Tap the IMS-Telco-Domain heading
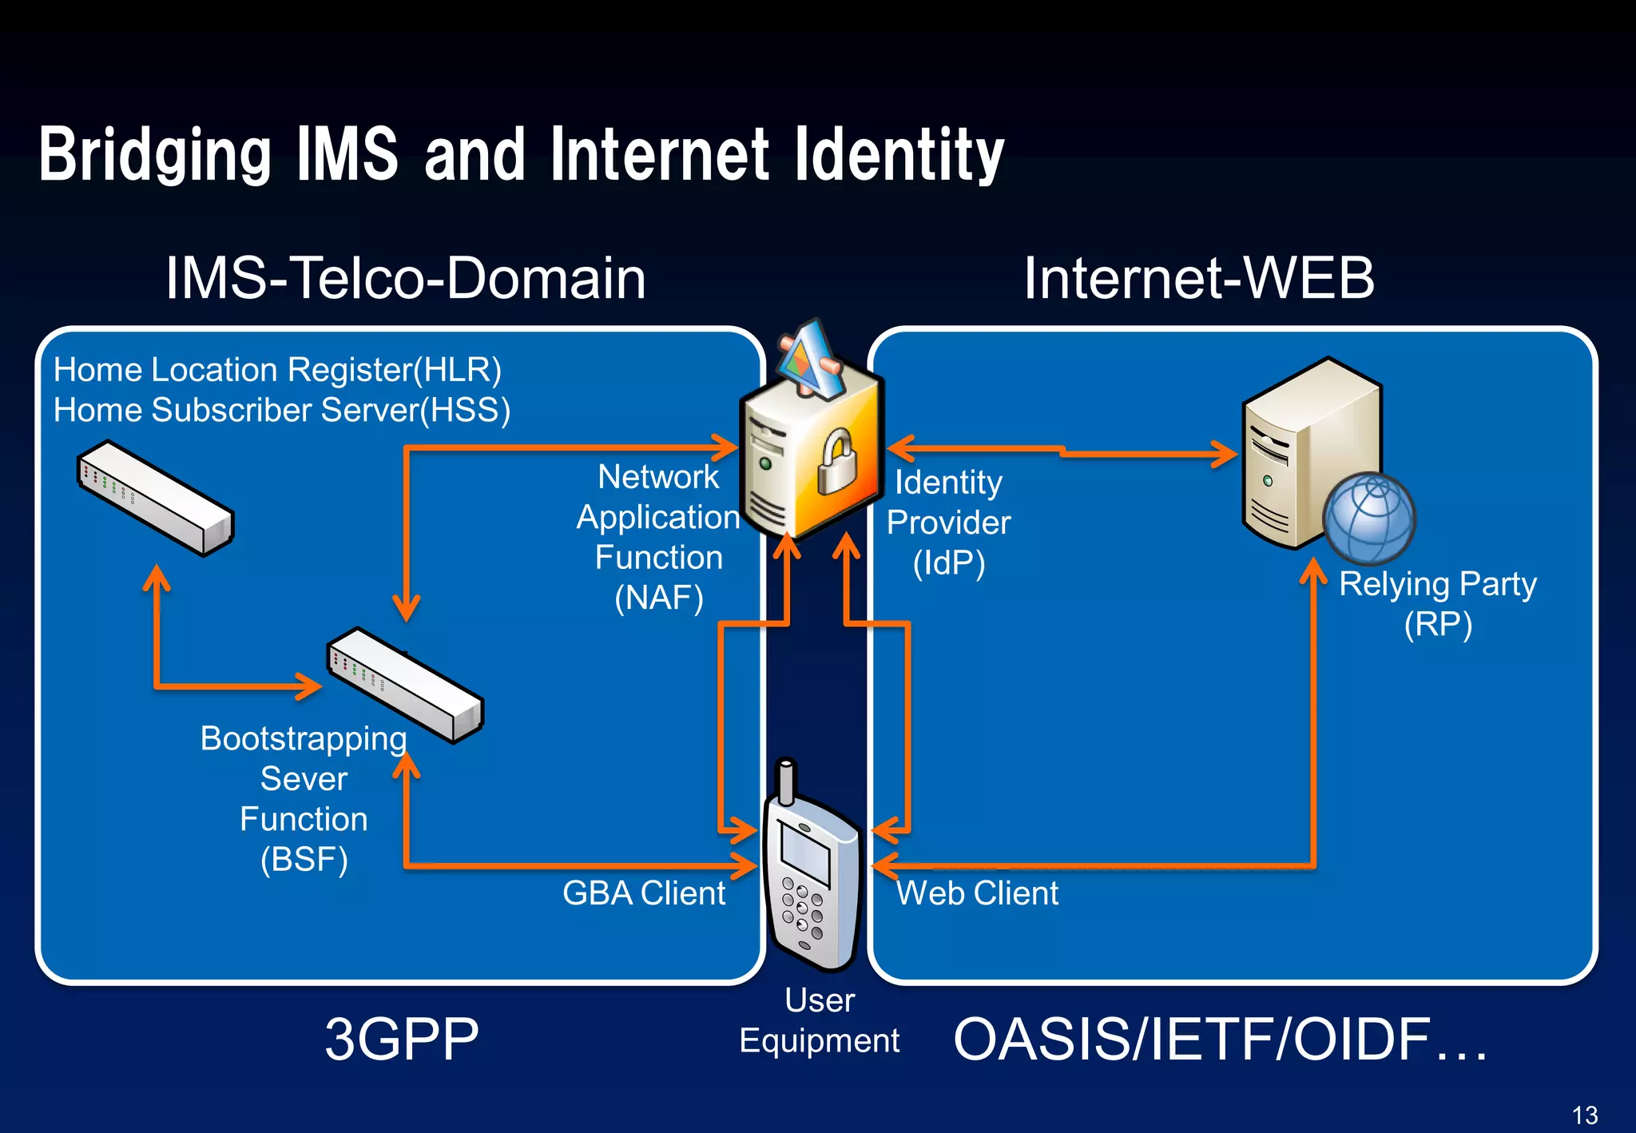[406, 278]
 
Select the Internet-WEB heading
[1199, 278]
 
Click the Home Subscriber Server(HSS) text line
[281, 410]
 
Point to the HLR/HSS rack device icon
[155, 498]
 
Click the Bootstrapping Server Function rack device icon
[405, 685]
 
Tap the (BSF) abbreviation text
[304, 860]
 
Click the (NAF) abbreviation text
[659, 598]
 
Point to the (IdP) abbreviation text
[949, 563]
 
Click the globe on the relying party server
[1368, 519]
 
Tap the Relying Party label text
[1437, 583]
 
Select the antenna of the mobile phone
[786, 781]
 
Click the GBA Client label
[643, 893]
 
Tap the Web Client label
[977, 893]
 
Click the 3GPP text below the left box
[401, 1040]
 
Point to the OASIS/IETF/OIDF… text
[1220, 1040]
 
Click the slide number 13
[1584, 1115]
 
